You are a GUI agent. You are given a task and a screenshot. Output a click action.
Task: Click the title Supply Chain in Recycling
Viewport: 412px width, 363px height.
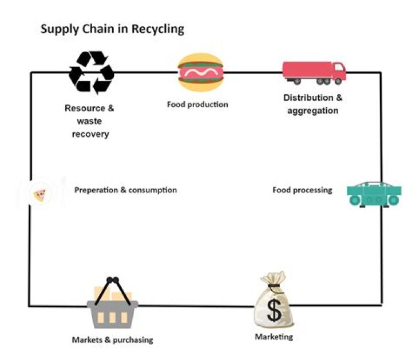click(x=112, y=29)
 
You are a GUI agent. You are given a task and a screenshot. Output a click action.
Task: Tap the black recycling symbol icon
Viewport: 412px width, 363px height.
click(x=91, y=72)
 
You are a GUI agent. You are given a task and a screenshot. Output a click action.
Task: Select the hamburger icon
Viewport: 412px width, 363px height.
click(x=200, y=73)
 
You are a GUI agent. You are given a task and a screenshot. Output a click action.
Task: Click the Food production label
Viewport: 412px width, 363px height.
click(x=197, y=104)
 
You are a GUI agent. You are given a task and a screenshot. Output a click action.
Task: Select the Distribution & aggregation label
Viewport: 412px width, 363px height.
click(x=312, y=104)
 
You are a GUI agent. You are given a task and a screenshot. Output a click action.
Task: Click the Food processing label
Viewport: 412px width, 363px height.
click(x=302, y=190)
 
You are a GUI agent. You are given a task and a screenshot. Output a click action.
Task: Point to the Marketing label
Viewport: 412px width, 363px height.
click(x=274, y=337)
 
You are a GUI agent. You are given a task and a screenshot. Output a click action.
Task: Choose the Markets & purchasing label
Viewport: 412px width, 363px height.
click(x=112, y=339)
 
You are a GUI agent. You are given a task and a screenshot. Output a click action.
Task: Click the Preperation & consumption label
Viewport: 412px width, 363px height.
click(x=125, y=190)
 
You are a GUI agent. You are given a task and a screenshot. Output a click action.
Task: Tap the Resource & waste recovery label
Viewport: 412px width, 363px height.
click(x=90, y=121)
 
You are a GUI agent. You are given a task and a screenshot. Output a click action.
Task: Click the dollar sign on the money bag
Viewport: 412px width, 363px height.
click(x=275, y=310)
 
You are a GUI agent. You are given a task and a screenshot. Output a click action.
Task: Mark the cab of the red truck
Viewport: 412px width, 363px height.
click(x=338, y=71)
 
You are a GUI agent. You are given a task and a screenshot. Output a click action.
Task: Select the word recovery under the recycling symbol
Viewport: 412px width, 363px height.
click(x=90, y=134)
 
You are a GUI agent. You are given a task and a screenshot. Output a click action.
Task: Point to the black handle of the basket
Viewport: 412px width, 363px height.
click(x=112, y=285)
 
